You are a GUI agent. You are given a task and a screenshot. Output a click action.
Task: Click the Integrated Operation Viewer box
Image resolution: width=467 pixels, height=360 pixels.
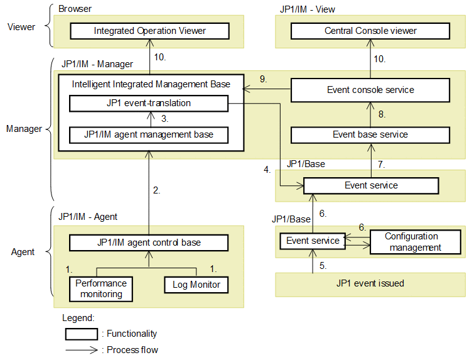149,31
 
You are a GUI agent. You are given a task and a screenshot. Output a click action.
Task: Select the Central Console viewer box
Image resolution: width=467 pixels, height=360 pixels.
370,31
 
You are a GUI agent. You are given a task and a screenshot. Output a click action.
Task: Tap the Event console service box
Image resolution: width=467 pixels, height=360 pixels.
370,90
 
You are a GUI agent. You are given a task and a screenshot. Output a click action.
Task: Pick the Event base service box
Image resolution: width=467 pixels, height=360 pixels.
370,134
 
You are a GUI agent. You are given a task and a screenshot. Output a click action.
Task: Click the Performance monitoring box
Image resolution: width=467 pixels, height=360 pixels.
100,289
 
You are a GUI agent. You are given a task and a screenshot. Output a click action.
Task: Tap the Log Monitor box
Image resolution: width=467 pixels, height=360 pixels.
196,285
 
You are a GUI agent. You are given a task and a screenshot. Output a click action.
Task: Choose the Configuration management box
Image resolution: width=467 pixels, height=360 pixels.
411,242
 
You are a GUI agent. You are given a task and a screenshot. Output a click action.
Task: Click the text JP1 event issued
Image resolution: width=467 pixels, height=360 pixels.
370,283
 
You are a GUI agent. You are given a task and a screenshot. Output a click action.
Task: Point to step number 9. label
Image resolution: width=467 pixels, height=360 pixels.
264,79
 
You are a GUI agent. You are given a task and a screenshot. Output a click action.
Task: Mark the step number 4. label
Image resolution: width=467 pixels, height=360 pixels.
267,170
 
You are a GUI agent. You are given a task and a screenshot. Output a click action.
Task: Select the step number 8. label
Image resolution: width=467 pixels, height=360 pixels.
381,114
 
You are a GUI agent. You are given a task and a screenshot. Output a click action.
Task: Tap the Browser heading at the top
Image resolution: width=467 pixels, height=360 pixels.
75,9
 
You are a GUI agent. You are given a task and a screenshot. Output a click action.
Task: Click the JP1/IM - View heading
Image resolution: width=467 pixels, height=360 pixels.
308,9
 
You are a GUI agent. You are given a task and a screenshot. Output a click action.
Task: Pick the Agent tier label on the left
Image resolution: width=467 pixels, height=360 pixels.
23,252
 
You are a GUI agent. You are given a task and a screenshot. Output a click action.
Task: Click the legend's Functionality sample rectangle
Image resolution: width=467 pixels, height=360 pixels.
82,334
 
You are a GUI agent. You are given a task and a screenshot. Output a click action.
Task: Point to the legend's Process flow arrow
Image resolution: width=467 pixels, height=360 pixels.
82,350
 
